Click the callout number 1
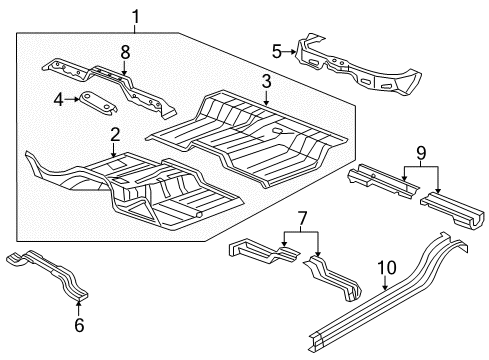click(137, 14)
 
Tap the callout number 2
click(115, 135)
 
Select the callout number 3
click(268, 81)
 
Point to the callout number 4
click(58, 98)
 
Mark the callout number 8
click(124, 50)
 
